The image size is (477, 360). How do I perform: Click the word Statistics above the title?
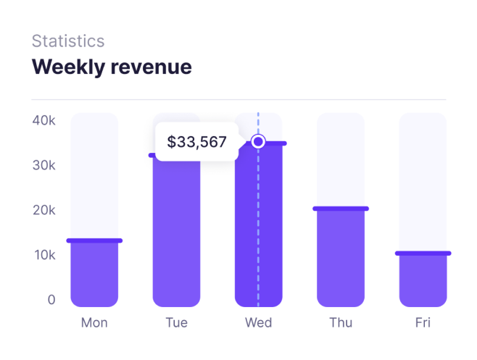(68, 41)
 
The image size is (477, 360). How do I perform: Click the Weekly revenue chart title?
(112, 67)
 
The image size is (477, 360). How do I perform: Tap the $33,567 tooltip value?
(197, 142)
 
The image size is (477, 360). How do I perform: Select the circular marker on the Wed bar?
(258, 141)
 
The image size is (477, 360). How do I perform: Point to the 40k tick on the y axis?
(43, 120)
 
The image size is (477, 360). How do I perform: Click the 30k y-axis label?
(43, 165)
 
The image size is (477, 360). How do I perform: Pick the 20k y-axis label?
(43, 210)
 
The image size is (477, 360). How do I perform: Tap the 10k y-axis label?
(43, 255)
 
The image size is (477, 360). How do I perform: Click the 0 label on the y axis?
(51, 300)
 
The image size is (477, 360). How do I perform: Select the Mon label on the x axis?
(94, 322)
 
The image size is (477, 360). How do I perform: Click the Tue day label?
(176, 322)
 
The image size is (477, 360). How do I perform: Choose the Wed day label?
(258, 322)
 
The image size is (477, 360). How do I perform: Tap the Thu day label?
(341, 322)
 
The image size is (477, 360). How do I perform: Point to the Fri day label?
(423, 322)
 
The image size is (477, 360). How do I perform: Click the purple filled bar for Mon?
(94, 274)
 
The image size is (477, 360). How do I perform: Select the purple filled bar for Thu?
(341, 258)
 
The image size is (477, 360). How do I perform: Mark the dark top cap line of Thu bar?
(341, 209)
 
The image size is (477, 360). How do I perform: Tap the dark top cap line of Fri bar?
(423, 254)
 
